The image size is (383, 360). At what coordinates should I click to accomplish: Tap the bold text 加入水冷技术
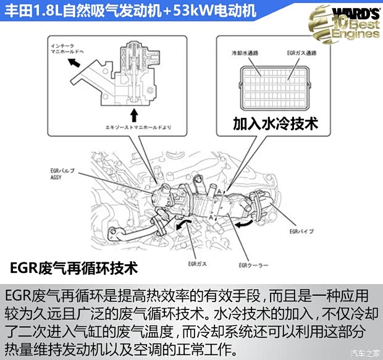pyautogui.click(x=275, y=123)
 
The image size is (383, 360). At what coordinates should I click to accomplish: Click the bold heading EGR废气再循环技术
pyautogui.click(x=74, y=269)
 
